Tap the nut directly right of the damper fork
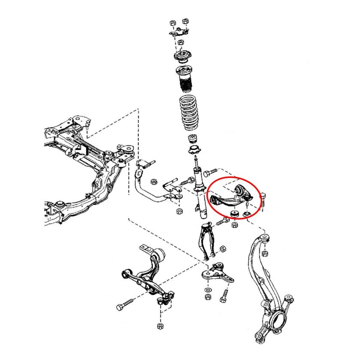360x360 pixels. click(x=223, y=248)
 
